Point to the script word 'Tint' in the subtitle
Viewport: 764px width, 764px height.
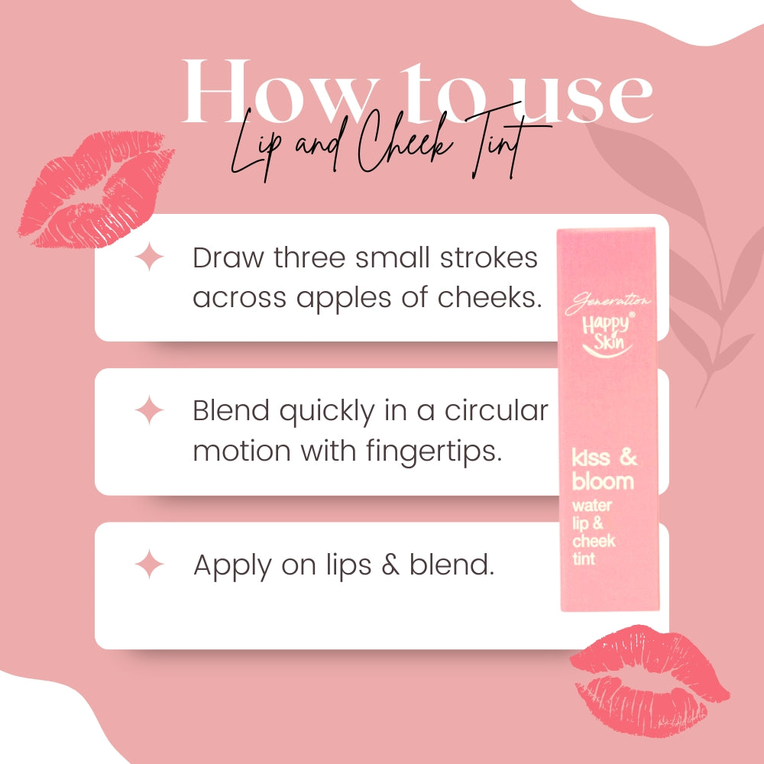click(508, 149)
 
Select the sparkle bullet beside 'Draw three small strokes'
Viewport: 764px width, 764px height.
click(149, 257)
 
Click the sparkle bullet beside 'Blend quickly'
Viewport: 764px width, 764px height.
click(149, 412)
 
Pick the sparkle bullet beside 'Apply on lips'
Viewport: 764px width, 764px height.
click(149, 565)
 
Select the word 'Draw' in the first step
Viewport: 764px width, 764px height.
click(223, 258)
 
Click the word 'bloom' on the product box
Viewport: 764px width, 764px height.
click(603, 481)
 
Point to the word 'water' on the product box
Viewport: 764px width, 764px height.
click(592, 506)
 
